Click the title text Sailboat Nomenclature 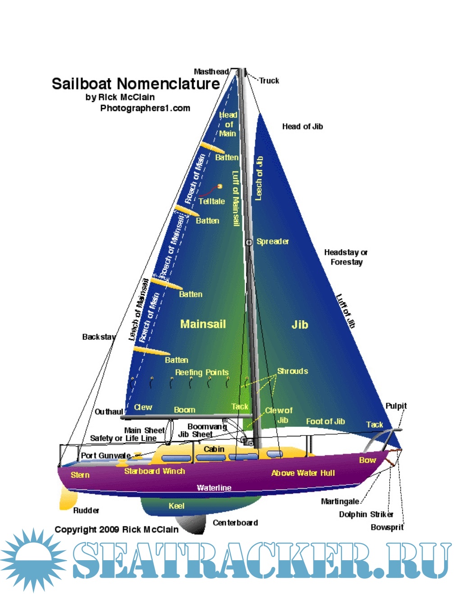click(136, 84)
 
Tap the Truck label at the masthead click(269, 81)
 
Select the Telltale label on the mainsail click(212, 201)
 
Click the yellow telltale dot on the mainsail click(220, 186)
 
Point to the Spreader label click(273, 241)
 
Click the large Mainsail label click(203, 324)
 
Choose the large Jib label click(300, 324)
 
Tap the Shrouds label click(292, 371)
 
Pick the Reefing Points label click(202, 372)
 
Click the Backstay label click(99, 337)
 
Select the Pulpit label click(396, 406)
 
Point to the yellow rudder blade click(68, 498)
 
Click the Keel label click(177, 506)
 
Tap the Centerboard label click(235, 522)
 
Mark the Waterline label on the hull click(214, 488)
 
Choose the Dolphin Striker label click(366, 514)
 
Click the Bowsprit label click(387, 527)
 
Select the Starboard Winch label click(155, 471)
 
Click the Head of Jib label click(302, 127)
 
